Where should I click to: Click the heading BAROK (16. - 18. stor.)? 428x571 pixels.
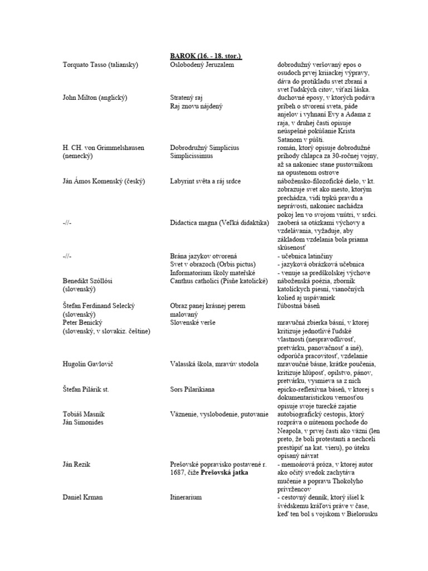(206, 56)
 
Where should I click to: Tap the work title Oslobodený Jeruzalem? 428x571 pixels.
(202, 65)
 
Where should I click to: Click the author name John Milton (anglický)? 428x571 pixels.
(96, 98)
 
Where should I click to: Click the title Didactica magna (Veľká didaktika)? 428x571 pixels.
(220, 223)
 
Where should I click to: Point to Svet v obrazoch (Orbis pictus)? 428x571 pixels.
(212, 264)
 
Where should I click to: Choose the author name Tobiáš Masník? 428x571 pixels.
(85, 414)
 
